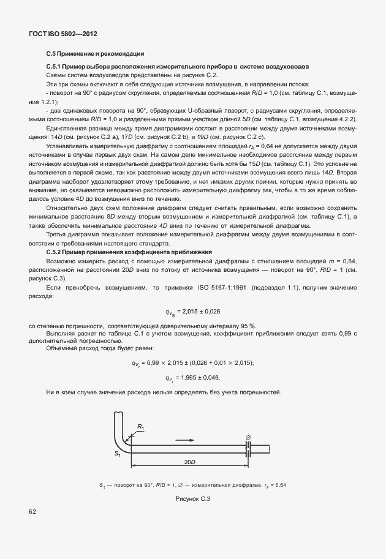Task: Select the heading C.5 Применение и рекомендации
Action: point(95,54)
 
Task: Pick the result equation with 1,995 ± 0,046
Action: point(193,378)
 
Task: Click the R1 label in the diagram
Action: point(140,427)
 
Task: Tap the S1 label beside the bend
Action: point(117,454)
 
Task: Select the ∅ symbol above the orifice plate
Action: point(248,436)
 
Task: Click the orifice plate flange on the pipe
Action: point(249,448)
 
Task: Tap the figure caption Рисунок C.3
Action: point(193,499)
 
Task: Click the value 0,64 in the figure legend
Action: point(281,484)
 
